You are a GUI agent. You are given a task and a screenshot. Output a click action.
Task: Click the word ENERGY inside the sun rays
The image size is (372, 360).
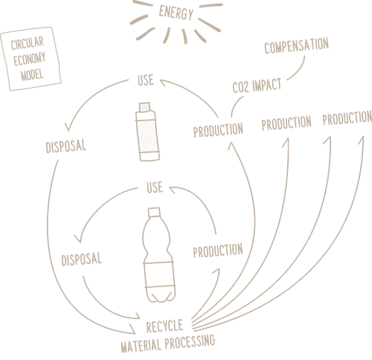[176, 13]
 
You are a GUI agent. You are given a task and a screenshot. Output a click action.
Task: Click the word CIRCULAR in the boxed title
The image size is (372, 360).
[28, 43]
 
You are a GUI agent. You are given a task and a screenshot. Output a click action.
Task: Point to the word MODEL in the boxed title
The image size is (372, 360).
[32, 74]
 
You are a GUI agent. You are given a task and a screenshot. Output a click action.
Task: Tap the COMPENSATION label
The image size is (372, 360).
[296, 45]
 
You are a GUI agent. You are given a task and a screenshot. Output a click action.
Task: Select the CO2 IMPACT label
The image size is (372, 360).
[257, 86]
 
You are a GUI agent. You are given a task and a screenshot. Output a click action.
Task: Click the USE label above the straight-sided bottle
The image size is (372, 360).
[146, 80]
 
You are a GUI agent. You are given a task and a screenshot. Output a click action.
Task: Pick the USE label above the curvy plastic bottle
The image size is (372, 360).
[155, 187]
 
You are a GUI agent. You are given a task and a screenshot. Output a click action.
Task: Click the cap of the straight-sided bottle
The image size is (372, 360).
[144, 107]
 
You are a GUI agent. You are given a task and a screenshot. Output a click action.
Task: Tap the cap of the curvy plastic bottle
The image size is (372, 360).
[154, 212]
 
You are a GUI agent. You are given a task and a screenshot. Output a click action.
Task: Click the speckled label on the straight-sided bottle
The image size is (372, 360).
[147, 135]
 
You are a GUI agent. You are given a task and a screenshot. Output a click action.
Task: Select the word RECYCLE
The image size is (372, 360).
[164, 327]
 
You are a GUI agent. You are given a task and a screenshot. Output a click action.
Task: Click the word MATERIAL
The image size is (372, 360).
[141, 345]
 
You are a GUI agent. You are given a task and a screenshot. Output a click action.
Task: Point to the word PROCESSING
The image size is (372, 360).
[190, 341]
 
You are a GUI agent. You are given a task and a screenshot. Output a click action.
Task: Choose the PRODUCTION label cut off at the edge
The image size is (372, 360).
[347, 118]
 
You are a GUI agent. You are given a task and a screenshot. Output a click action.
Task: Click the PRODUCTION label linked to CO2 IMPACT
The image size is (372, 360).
[218, 130]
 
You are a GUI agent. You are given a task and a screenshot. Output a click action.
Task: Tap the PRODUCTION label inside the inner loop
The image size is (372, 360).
[218, 251]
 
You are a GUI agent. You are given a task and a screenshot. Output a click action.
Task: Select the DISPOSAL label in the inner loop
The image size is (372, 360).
[82, 259]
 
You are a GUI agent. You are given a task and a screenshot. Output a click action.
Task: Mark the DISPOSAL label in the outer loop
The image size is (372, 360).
[66, 147]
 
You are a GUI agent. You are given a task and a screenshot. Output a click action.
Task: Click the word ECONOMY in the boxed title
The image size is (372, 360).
[29, 59]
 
